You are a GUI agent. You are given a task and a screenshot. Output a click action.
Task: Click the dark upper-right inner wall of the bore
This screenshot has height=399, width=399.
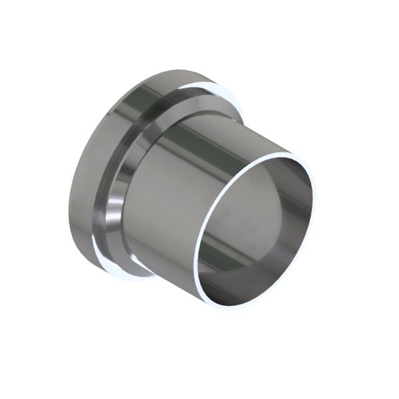(x=296, y=193)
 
